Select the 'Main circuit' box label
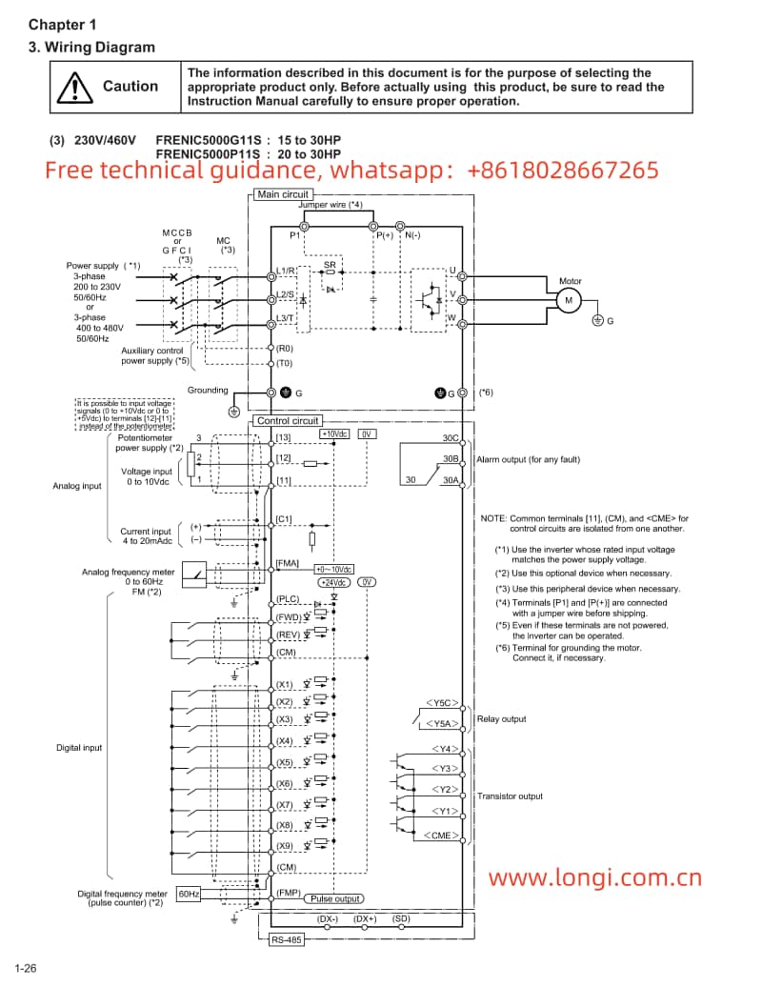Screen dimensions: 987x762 [283, 194]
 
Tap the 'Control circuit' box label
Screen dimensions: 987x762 [287, 420]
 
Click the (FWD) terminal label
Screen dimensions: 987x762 [288, 616]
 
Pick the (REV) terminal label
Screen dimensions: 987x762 [288, 634]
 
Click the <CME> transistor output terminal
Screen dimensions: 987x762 [441, 835]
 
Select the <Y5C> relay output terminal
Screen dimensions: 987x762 [441, 703]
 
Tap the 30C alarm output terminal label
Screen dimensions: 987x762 [451, 438]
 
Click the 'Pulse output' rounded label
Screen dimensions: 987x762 [335, 898]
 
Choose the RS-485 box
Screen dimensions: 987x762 [282, 938]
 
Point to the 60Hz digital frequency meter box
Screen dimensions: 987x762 [189, 895]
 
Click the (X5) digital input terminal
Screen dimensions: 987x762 [284, 762]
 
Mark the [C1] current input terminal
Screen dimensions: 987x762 [283, 519]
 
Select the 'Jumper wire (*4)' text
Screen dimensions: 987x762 [330, 205]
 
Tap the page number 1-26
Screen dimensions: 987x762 [25, 969]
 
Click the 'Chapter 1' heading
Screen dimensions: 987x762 [62, 25]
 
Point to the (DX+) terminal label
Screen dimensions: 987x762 [365, 918]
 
